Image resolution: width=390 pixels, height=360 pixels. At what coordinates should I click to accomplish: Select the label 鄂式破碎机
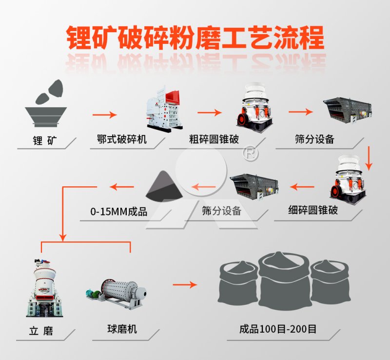click(x=122, y=141)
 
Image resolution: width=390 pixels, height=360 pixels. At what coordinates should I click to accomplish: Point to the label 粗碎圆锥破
click(x=214, y=141)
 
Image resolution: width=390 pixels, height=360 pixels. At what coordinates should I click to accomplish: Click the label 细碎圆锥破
click(x=313, y=211)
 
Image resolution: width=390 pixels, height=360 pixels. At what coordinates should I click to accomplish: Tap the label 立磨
click(x=41, y=332)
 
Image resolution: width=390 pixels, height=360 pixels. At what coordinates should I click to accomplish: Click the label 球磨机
click(x=122, y=329)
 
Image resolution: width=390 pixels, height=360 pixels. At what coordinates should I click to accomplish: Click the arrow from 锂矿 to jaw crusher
click(x=105, y=115)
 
